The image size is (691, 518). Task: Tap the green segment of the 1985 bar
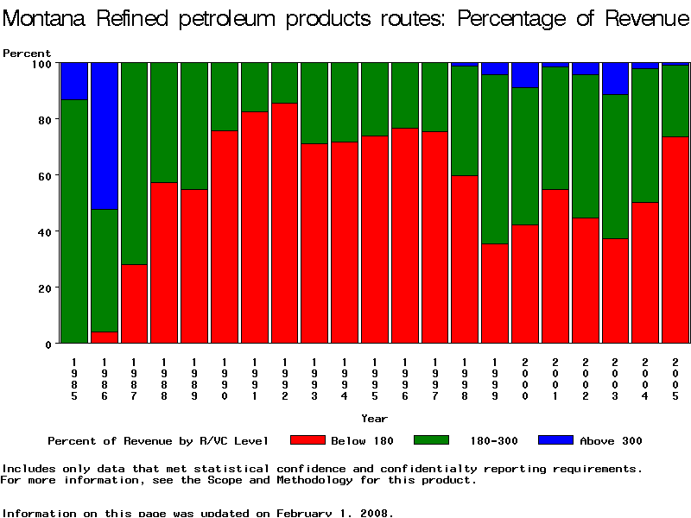click(x=73, y=221)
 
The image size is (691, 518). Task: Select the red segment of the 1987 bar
click(x=134, y=303)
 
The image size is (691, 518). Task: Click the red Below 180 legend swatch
click(x=307, y=440)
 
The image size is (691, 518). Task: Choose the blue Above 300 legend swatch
click(x=555, y=440)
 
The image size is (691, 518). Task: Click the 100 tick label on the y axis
click(x=41, y=63)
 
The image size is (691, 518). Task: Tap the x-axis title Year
click(x=374, y=419)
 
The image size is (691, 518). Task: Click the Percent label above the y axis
click(x=27, y=54)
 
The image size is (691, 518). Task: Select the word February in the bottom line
click(x=308, y=513)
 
